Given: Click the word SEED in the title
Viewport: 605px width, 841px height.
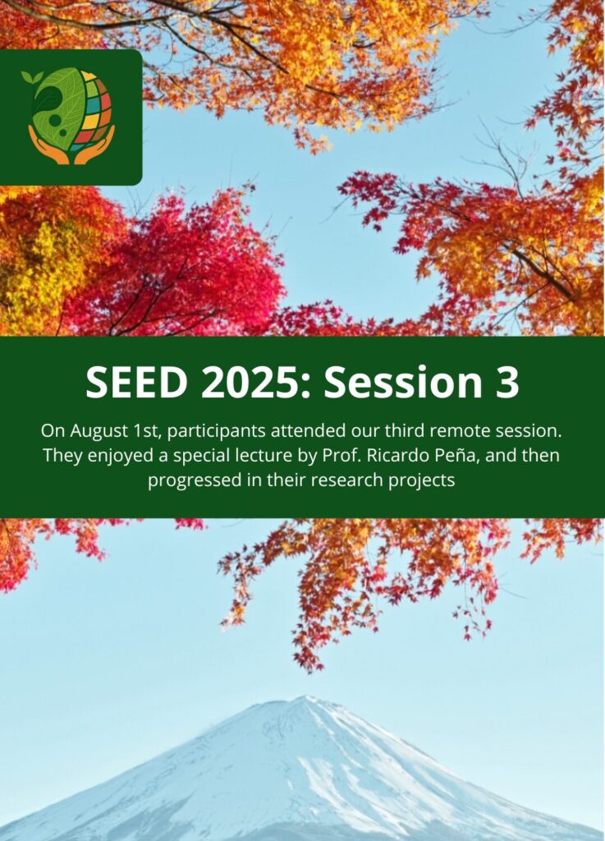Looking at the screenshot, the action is (136, 382).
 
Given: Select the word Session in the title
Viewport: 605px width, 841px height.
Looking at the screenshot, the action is (403, 382).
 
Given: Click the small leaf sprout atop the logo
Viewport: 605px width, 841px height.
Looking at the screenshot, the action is (32, 77).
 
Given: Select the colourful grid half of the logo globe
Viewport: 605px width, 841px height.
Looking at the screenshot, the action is (94, 110).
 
